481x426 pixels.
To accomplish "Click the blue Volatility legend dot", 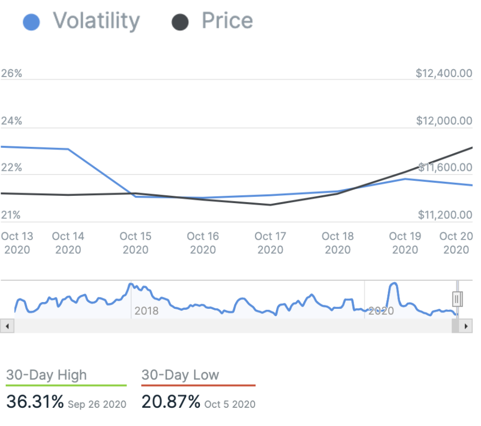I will pyautogui.click(x=31, y=22).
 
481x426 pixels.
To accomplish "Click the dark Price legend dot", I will pyautogui.click(x=180, y=22).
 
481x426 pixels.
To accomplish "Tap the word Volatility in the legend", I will pyautogui.click(x=96, y=21).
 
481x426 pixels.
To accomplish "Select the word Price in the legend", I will pyautogui.click(x=227, y=21).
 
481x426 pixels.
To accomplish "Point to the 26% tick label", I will pyautogui.click(x=11, y=73).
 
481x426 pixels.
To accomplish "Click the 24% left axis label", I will pyautogui.click(x=11, y=121).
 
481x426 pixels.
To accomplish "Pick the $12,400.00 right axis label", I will pyautogui.click(x=444, y=73).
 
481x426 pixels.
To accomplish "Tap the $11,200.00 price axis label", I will pyautogui.click(x=444, y=215).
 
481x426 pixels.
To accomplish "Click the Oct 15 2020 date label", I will pyautogui.click(x=135, y=243).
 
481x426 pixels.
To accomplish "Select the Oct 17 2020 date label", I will pyautogui.click(x=270, y=243).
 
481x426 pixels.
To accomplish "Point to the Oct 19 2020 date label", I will pyautogui.click(x=405, y=243).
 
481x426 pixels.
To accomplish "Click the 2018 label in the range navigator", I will pyautogui.click(x=146, y=311).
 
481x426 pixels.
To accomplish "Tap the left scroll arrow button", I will pyautogui.click(x=7, y=326).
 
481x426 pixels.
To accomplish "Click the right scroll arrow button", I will pyautogui.click(x=466, y=326).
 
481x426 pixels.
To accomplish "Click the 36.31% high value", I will pyautogui.click(x=35, y=402).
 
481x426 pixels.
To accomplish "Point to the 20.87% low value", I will pyautogui.click(x=171, y=402).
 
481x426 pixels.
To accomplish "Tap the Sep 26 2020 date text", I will pyautogui.click(x=97, y=405).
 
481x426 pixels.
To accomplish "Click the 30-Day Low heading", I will pyautogui.click(x=180, y=375).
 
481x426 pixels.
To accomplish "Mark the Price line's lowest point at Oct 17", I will pyautogui.click(x=270, y=205).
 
